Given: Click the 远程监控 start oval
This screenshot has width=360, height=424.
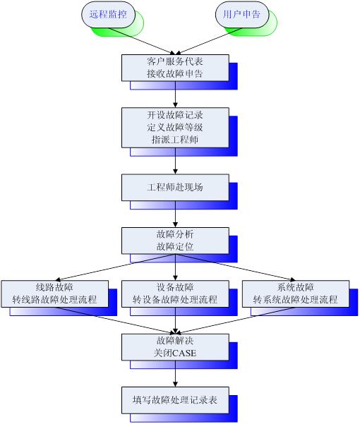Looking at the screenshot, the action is tap(108, 15).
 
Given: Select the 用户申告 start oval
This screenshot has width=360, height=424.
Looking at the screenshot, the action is tap(242, 15).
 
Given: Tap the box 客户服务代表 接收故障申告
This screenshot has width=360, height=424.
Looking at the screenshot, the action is tap(175, 68).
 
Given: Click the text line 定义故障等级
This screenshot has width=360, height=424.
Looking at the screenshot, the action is tap(175, 128).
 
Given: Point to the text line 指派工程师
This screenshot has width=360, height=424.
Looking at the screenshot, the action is tap(175, 140).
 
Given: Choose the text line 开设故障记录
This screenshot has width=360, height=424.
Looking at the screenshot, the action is tap(175, 115).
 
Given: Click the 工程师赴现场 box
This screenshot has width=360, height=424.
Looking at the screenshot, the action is tap(175, 188).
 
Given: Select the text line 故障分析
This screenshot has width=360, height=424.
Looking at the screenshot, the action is tap(175, 234).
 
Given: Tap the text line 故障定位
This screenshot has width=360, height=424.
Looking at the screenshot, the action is tap(175, 247).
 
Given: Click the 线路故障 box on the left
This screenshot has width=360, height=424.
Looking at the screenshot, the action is tap(55, 293).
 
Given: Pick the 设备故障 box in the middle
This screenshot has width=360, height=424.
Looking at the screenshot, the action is tap(175, 293).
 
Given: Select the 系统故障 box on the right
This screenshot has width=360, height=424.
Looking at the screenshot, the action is tap(296, 293).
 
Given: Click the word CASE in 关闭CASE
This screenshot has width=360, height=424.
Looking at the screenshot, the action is tap(184, 353).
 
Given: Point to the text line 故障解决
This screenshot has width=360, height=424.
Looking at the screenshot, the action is tap(175, 341).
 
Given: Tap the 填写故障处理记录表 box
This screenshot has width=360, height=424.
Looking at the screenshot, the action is tap(175, 400).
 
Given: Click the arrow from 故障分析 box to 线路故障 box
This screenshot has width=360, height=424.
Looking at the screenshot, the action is tap(115, 267).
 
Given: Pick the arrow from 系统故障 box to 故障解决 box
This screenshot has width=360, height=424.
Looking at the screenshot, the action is tap(235, 320).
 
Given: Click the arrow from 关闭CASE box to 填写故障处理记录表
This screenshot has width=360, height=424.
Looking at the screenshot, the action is tap(175, 374).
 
